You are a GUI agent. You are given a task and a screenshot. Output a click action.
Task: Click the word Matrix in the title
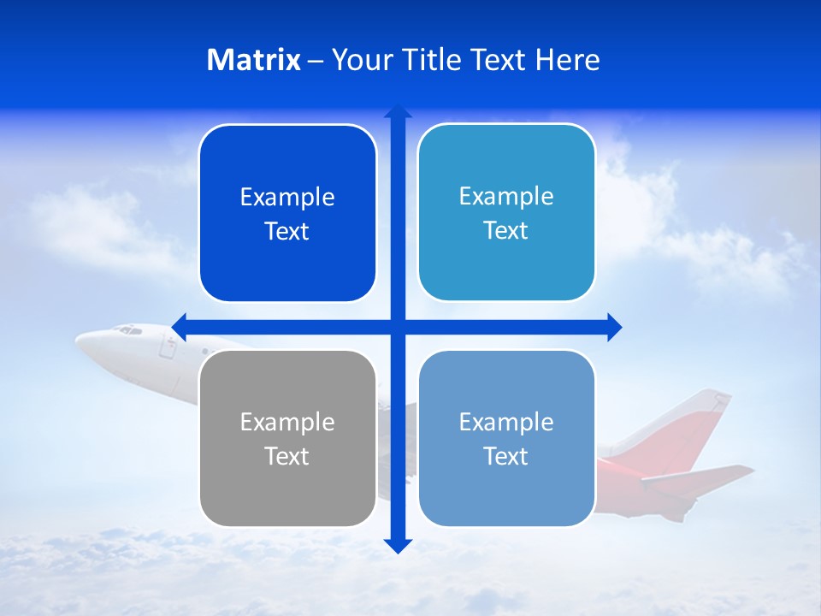pos(253,60)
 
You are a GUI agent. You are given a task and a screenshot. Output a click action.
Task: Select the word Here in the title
pos(567,60)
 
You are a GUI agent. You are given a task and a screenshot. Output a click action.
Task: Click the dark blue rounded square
pos(287,214)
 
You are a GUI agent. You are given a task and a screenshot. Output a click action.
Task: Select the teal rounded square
pos(506,213)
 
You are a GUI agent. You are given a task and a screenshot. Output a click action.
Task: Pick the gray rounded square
pos(287,439)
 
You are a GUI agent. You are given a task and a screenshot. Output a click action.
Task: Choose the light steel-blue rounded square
pos(506,439)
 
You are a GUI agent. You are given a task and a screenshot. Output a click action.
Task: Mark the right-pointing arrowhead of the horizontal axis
pos(614,327)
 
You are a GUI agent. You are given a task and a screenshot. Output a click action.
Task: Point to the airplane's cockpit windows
pos(128,329)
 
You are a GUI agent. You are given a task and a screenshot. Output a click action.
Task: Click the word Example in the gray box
pos(287,422)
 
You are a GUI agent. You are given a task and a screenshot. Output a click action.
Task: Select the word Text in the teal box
pos(505,231)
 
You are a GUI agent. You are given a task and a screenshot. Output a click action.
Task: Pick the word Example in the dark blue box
pos(287,198)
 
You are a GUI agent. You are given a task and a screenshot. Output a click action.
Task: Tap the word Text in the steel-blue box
pos(505,457)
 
